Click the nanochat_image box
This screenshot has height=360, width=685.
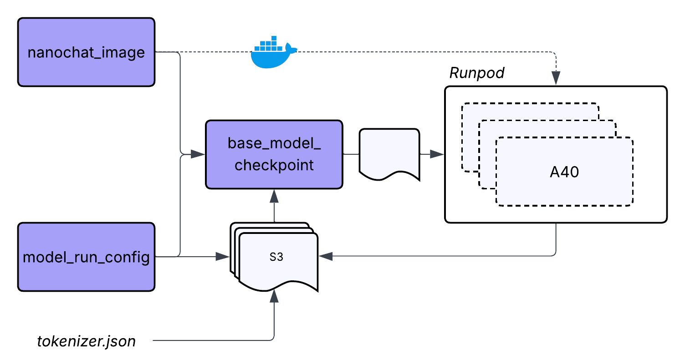86,52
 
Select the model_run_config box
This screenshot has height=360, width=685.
86,257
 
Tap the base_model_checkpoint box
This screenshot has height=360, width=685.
274,154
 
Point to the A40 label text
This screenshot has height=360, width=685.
564,172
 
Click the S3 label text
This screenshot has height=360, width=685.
276,257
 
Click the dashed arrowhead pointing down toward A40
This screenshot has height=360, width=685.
556,78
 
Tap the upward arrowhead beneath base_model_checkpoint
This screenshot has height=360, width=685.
274,196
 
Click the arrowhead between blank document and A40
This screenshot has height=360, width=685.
437,155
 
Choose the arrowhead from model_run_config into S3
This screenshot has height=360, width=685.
222,257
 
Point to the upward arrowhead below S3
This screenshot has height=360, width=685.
274,297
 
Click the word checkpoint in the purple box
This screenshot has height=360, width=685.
274,165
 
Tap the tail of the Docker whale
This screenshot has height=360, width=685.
291,48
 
